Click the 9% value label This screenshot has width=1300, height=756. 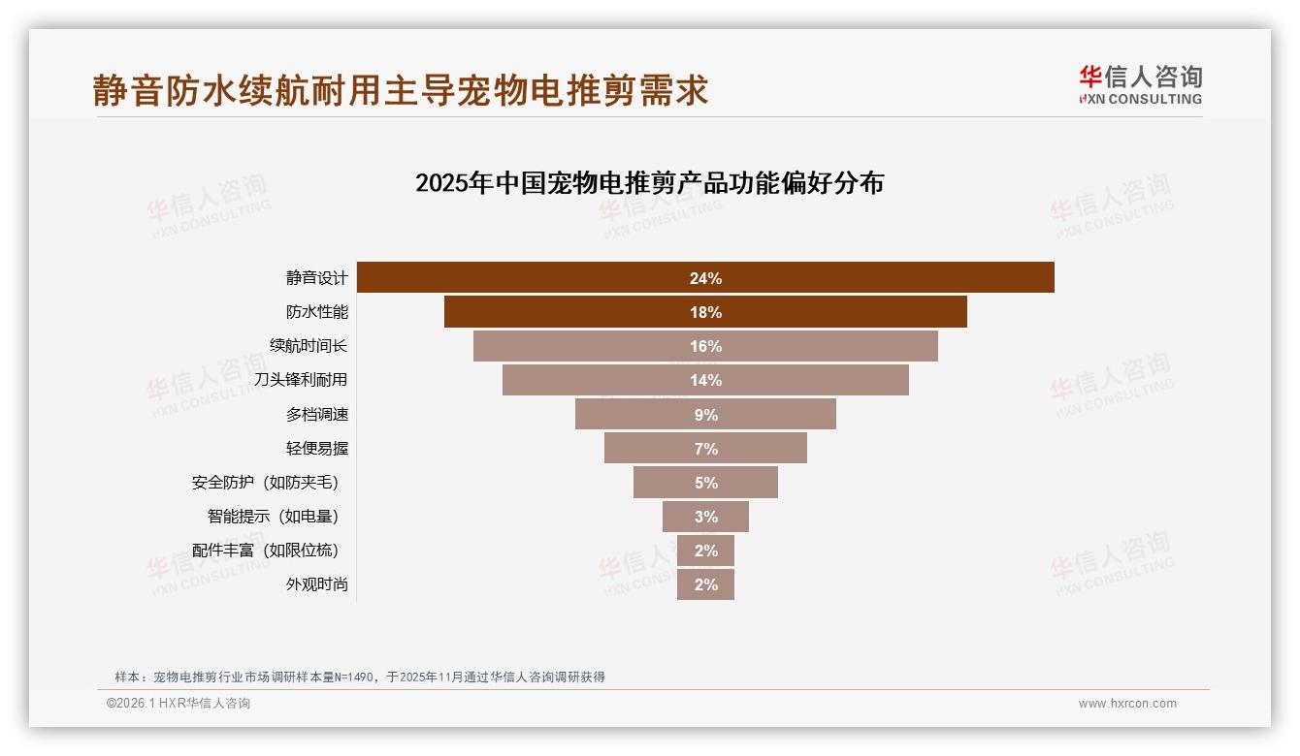[705, 415]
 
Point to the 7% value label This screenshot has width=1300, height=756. [705, 449]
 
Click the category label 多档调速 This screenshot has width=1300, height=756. [316, 415]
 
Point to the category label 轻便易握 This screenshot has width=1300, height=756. [316, 449]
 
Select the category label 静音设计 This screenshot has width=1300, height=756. [316, 278]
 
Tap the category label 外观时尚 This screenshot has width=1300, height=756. [316, 584]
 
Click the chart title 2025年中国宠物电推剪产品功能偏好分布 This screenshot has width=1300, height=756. [649, 183]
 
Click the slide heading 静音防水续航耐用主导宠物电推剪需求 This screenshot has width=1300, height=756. [401, 90]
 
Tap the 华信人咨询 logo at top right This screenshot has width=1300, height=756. [1140, 84]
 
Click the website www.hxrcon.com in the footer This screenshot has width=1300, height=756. [1127, 704]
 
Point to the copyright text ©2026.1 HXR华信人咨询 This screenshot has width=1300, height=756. [179, 704]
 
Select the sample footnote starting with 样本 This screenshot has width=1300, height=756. [360, 677]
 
